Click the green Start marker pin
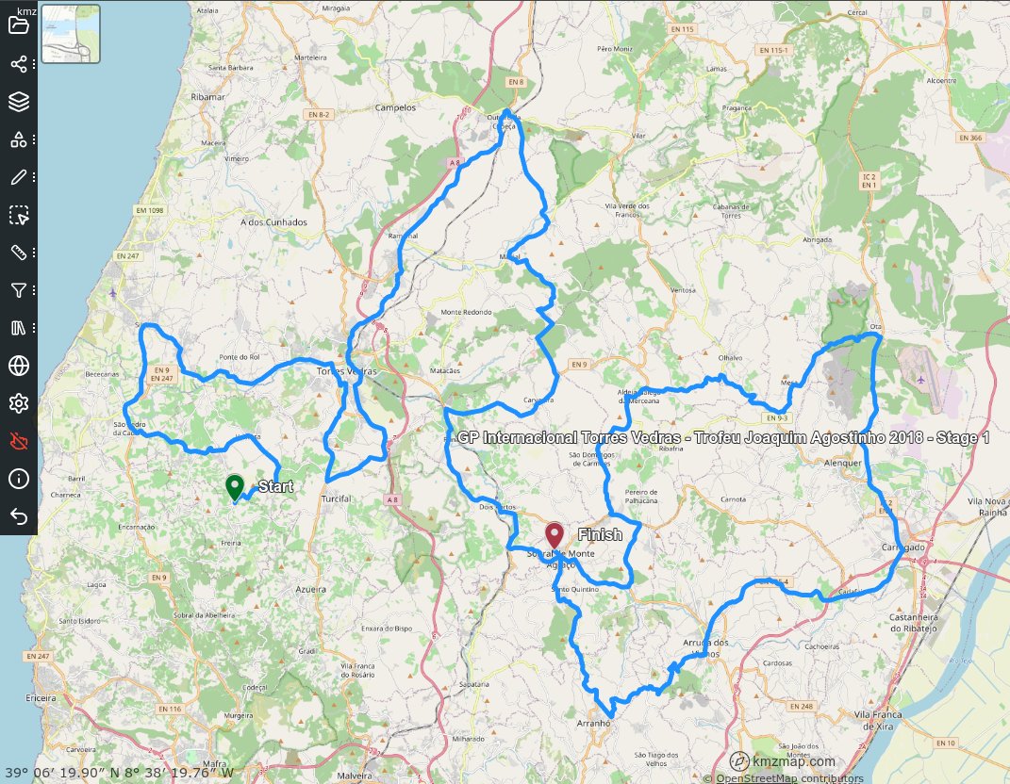coord(235,487)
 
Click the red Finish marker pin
coord(554,536)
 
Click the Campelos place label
coord(395,107)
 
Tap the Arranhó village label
coord(594,724)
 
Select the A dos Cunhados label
coord(274,222)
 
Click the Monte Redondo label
coord(466,312)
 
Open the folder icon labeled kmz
coord(19,23)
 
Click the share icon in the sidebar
coord(19,64)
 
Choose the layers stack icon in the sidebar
coord(19,102)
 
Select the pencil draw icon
coord(19,177)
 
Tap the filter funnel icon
coord(19,290)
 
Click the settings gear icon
coord(19,403)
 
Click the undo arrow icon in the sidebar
coord(19,515)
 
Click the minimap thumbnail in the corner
coord(71,33)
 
